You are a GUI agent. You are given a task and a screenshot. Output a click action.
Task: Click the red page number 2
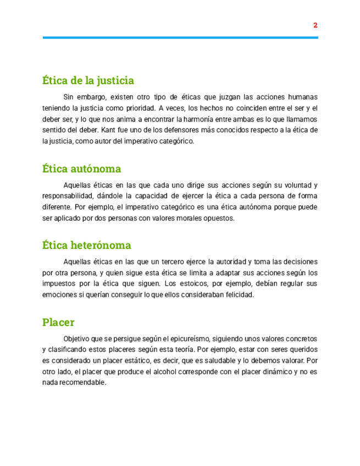tap(315, 25)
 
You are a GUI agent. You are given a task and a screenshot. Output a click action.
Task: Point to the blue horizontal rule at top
tap(180, 37)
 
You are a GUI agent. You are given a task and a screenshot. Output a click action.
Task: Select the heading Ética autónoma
tap(81, 168)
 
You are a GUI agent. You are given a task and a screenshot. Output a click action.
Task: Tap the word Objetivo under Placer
tap(77, 339)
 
